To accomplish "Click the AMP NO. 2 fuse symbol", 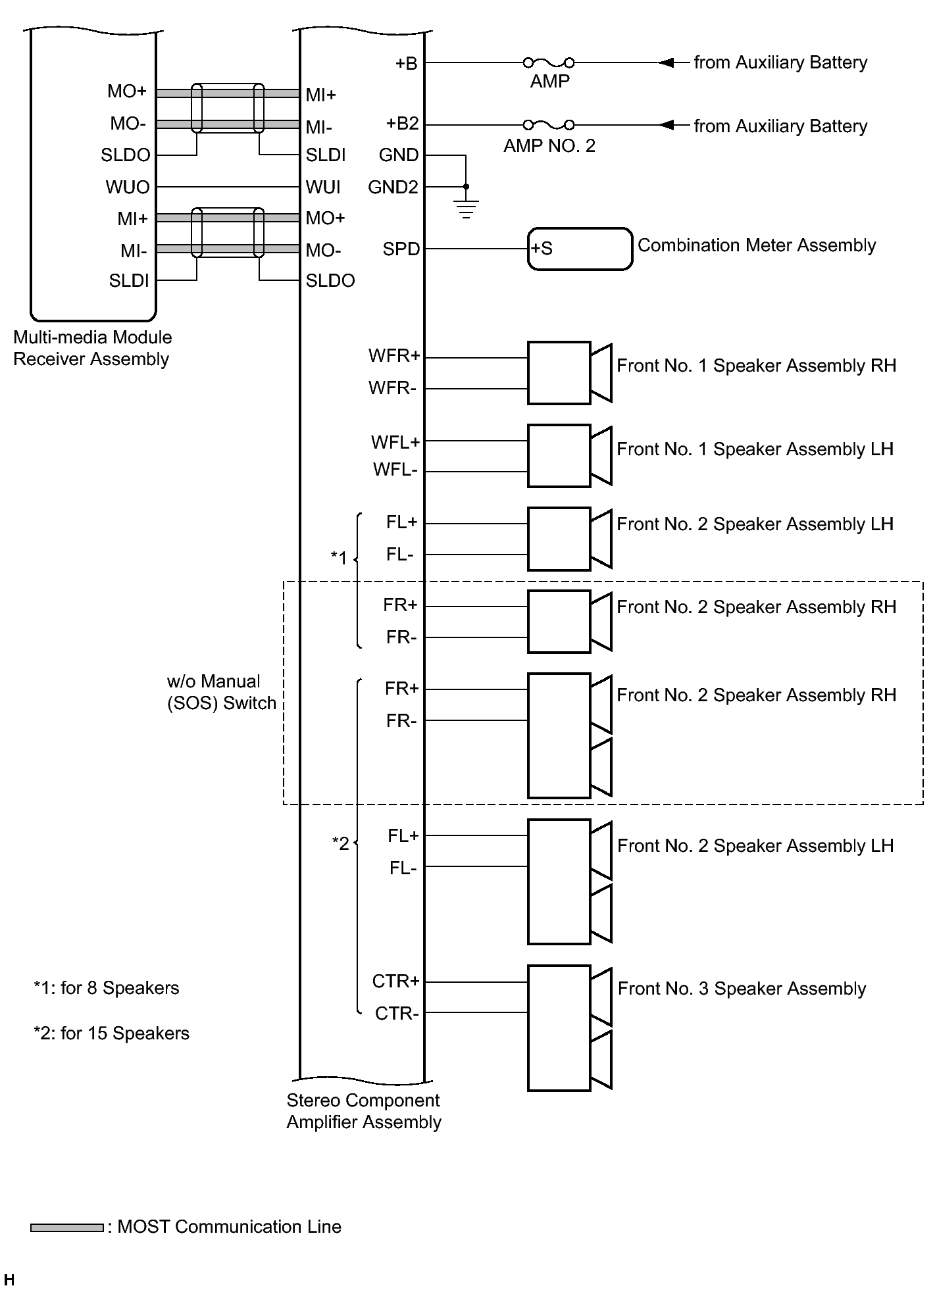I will [548, 124].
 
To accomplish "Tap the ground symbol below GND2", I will [466, 209].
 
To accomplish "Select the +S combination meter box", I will [579, 249].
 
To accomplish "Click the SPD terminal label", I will [401, 249].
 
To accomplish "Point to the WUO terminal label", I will [128, 187].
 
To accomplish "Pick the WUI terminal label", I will [323, 187].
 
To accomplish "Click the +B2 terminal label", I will [402, 124].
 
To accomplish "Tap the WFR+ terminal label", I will [393, 357].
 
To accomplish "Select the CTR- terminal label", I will [396, 1014].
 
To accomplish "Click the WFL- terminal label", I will [395, 470].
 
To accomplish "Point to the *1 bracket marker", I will [339, 558].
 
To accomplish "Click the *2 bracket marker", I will [340, 843].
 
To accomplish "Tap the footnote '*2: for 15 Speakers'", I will [111, 1033].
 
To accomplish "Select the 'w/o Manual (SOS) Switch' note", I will [221, 692].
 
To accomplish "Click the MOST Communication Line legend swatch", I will [66, 1228].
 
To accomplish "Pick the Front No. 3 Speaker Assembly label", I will [742, 989].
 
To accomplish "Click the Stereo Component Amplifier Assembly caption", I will [363, 1111].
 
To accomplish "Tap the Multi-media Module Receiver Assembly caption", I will [92, 348].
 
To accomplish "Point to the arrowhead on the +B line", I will [666, 62].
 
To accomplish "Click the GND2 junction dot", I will [466, 187].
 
